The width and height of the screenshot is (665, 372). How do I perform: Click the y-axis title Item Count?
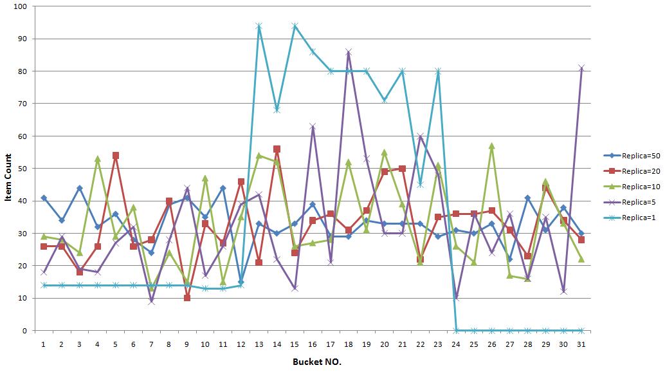(8, 169)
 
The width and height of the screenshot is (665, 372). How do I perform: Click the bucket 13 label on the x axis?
(259, 344)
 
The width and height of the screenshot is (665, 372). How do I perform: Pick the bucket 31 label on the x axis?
(581, 344)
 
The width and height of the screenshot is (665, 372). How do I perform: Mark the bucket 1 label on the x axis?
(44, 344)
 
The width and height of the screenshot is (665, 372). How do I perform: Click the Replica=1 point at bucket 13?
(259, 26)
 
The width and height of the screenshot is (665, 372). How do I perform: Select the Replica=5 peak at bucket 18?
(349, 51)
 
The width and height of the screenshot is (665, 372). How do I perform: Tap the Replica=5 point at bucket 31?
(581, 68)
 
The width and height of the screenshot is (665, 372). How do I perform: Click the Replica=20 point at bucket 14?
(277, 149)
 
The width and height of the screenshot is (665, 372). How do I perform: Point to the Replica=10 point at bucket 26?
(492, 145)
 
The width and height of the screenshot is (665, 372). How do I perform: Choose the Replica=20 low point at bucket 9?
(187, 298)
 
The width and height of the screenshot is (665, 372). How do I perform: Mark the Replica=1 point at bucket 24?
(456, 331)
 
